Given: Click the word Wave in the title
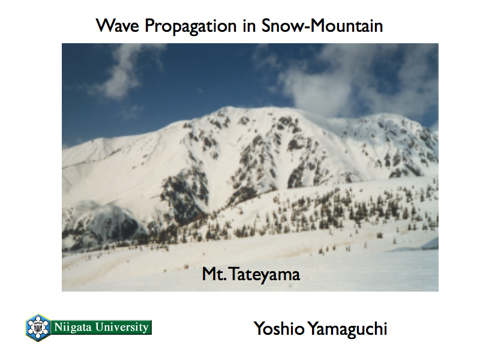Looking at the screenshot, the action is (x=118, y=25).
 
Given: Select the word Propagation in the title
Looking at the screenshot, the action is (x=190, y=26).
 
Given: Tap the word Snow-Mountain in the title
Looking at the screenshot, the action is (x=322, y=25).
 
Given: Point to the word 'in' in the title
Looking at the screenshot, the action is (x=249, y=26).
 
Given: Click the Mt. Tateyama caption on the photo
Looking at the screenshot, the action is (x=251, y=274).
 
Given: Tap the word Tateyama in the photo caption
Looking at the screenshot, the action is (x=265, y=274).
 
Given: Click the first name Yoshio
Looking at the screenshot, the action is (x=279, y=328).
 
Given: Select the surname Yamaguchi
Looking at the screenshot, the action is (x=347, y=329).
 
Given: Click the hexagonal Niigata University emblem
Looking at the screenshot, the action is (x=38, y=328).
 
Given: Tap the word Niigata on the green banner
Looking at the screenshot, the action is (x=73, y=327).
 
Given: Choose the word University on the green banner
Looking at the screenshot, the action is (x=122, y=327).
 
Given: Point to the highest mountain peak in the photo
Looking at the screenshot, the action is (x=228, y=108).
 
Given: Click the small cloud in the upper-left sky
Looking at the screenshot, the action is (x=119, y=80).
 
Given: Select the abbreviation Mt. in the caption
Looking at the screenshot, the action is (x=214, y=274).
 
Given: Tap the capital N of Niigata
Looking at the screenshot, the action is (x=58, y=327).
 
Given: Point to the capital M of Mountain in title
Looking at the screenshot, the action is (x=318, y=25).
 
